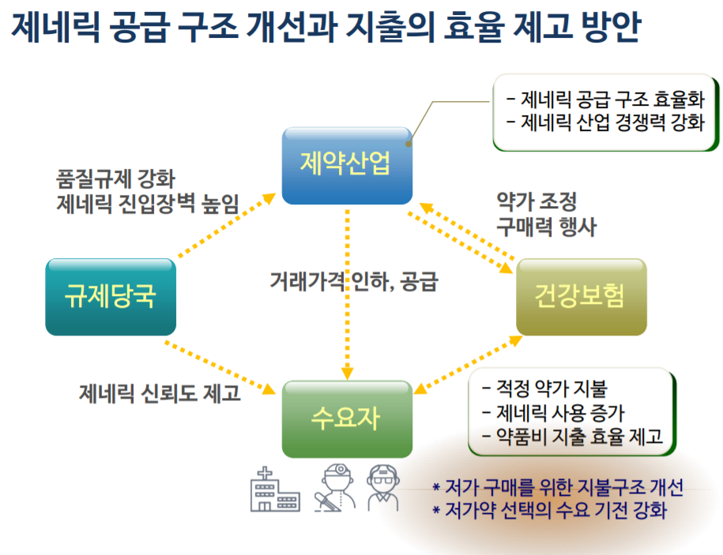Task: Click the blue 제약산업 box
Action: (347, 166)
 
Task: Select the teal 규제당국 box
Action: (111, 297)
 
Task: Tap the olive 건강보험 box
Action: (581, 297)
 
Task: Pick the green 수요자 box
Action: (347, 418)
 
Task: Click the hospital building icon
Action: (275, 489)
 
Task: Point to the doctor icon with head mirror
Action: (335, 488)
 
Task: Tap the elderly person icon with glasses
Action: (382, 488)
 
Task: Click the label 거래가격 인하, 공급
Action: (354, 281)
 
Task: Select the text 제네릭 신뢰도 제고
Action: (160, 393)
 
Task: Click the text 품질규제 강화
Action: (115, 178)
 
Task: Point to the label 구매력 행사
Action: (547, 227)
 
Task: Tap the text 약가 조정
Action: (537, 201)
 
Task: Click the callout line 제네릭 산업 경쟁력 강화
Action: (605, 122)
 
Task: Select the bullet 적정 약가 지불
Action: (544, 388)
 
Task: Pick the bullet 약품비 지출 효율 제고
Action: (572, 436)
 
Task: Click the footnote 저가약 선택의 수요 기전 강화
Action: (550, 510)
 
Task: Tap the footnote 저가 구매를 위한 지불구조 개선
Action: (558, 487)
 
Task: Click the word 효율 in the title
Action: (473, 27)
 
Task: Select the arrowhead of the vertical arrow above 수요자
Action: (347, 373)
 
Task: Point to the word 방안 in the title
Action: (611, 27)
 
